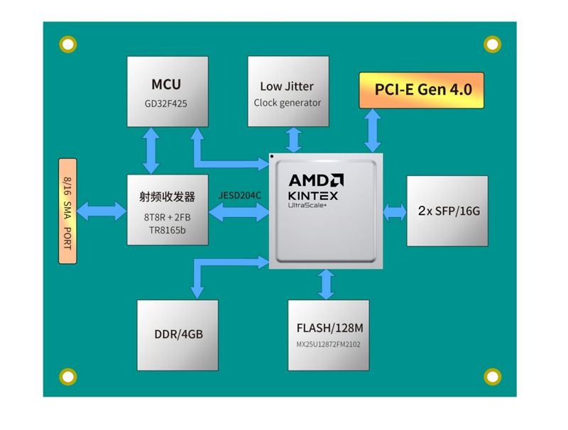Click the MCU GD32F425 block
pyautogui.click(x=168, y=92)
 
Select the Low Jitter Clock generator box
pyautogui.click(x=288, y=92)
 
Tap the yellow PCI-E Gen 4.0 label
pyautogui.click(x=422, y=90)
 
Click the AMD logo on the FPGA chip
pyautogui.click(x=316, y=180)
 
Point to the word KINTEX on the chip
pyautogui.click(x=313, y=196)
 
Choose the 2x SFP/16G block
pyautogui.click(x=447, y=211)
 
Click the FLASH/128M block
pyautogui.click(x=329, y=335)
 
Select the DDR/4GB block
pyautogui.click(x=177, y=334)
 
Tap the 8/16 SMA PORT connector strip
pyautogui.click(x=67, y=211)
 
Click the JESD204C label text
pyautogui.click(x=240, y=195)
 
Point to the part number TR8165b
pyautogui.click(x=168, y=230)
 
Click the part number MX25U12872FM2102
pyautogui.click(x=329, y=346)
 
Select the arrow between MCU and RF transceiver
pyautogui.click(x=151, y=150)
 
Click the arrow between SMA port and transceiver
pyautogui.click(x=102, y=211)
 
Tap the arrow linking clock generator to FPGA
pyautogui.click(x=293, y=139)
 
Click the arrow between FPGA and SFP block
pyautogui.click(x=395, y=211)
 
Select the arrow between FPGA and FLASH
pyautogui.click(x=326, y=285)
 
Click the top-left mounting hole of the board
pyautogui.click(x=68, y=45)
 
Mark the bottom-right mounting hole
pyautogui.click(x=492, y=376)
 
